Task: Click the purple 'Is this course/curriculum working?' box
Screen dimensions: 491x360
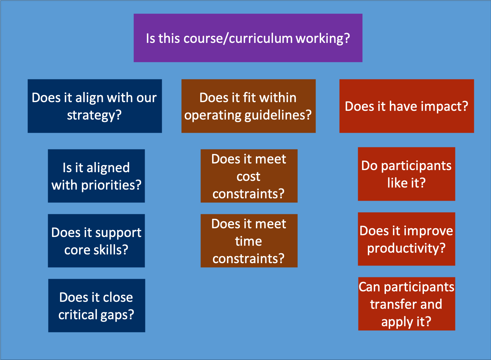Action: point(248,38)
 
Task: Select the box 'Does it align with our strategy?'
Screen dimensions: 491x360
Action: point(95,106)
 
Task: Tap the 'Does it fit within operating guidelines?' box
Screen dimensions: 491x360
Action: point(249,106)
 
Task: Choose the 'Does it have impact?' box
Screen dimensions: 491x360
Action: point(407,106)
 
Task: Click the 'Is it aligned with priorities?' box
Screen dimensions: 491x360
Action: point(97,176)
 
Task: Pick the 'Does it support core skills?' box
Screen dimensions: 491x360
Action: point(97,241)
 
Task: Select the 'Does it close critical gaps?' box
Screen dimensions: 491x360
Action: point(97,306)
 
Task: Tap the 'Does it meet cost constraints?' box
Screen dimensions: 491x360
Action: point(249,176)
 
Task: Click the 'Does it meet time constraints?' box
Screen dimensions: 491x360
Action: point(249,241)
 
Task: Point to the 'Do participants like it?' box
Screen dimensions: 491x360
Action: point(407,174)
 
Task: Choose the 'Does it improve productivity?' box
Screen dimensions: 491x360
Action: point(407,239)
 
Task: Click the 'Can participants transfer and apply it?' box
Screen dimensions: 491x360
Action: point(407,304)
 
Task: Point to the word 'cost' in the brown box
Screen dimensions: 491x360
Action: point(249,177)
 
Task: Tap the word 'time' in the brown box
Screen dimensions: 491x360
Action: point(249,242)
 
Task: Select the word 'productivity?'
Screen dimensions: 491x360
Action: point(406,249)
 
